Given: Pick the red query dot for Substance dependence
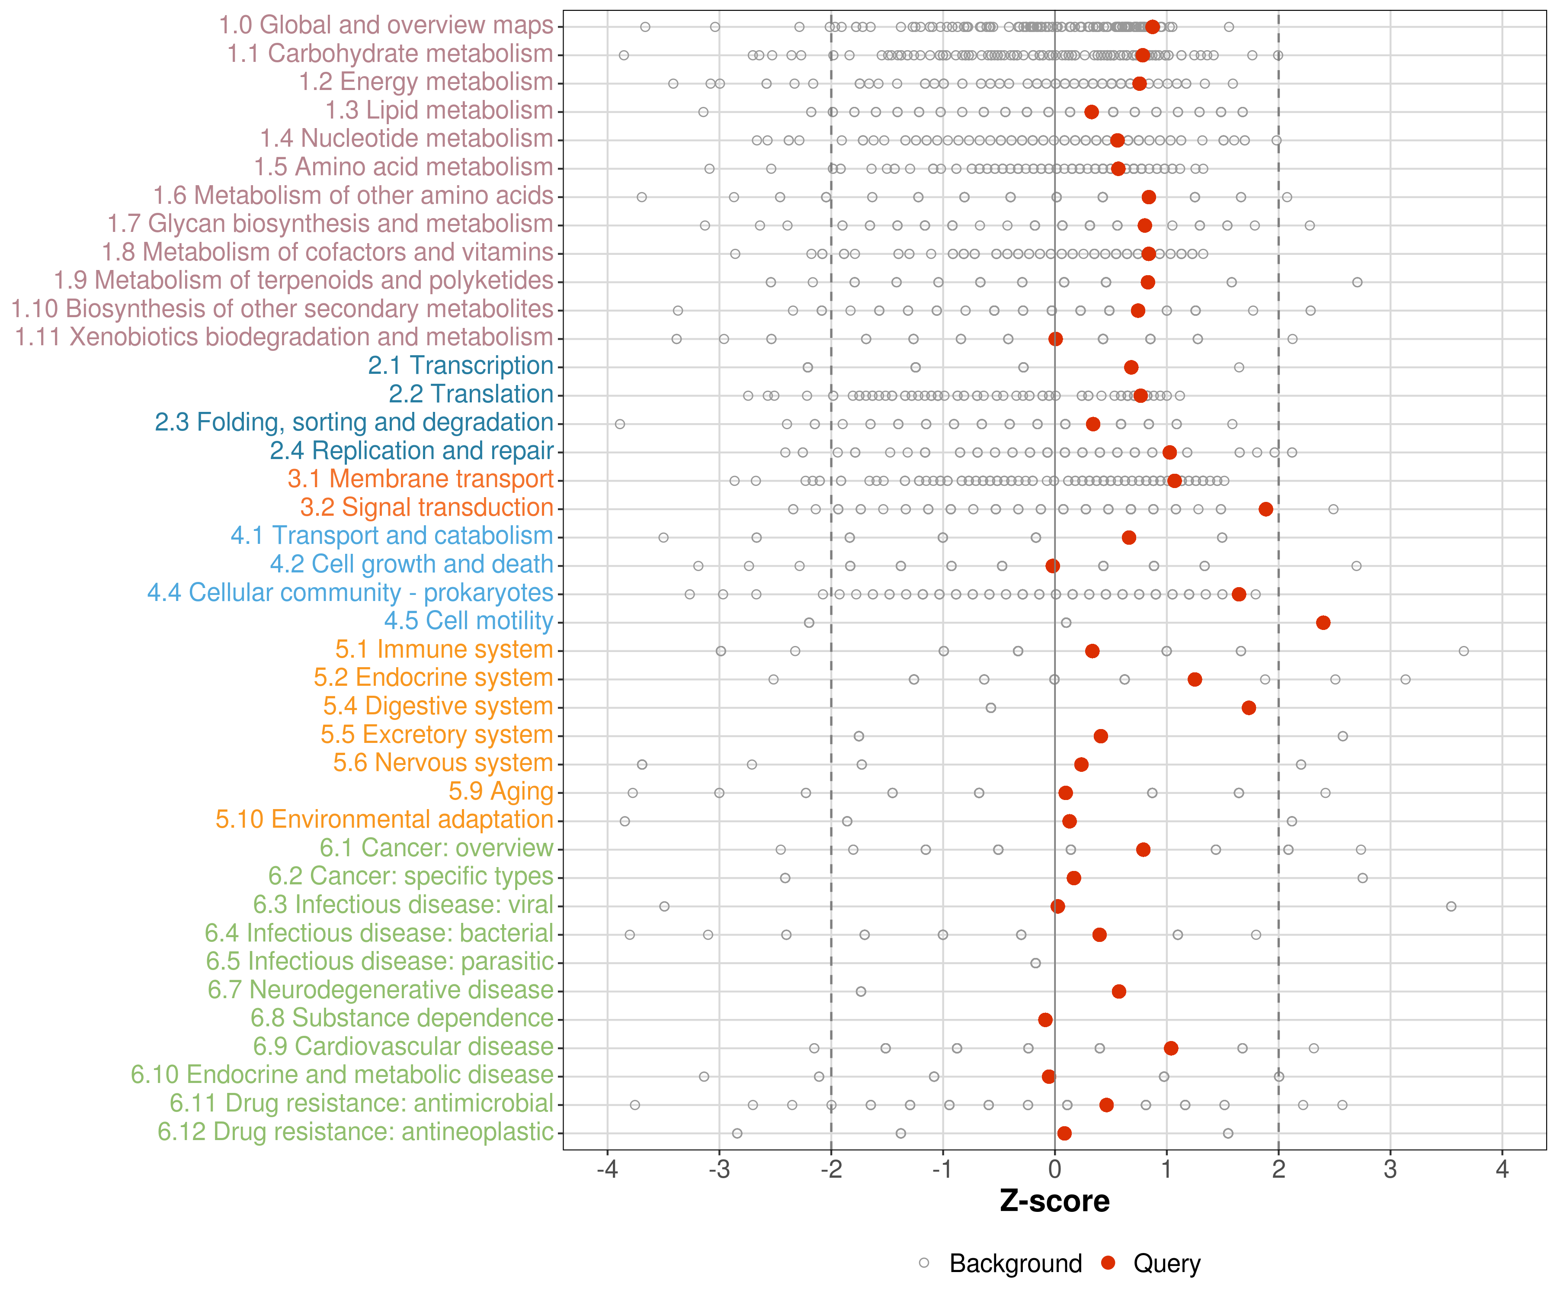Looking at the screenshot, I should click(1045, 1020).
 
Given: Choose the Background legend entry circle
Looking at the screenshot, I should click(924, 1263).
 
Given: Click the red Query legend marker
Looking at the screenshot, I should click(1108, 1263).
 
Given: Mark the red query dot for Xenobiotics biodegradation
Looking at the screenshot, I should click(1056, 339).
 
